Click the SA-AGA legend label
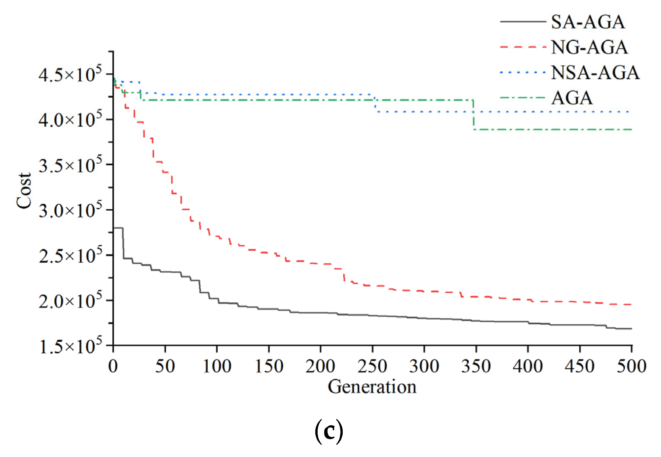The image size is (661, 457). (588, 22)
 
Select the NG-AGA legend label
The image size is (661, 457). (589, 47)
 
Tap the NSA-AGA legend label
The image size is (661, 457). (595, 72)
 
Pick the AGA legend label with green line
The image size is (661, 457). (572, 98)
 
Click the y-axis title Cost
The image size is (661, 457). (24, 191)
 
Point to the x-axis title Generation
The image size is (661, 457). (372, 387)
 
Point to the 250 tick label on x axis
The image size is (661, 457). (372, 366)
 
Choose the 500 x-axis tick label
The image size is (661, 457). (631, 366)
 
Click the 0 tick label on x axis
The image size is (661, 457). (113, 366)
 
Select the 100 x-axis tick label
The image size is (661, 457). (217, 366)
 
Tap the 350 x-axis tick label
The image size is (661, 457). (476, 366)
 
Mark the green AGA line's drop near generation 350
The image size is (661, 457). (474, 115)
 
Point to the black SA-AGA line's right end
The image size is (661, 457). (631, 329)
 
